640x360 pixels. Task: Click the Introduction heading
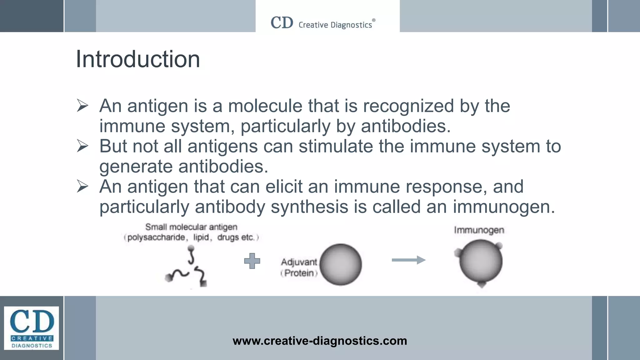138,59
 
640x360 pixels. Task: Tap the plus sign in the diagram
252,261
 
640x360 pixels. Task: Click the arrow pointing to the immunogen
408,260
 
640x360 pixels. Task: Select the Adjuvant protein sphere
341,264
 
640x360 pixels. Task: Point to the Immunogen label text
479,230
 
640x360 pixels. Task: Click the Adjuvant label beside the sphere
299,262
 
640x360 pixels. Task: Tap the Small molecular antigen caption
191,227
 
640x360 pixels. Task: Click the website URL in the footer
320,341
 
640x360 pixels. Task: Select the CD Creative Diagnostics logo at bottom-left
32,328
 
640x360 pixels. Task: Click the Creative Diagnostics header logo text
335,25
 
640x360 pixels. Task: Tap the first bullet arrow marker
82,106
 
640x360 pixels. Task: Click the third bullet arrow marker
82,187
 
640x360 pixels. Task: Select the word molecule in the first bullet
265,106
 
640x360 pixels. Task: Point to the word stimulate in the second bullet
336,146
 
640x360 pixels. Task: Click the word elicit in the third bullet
284,187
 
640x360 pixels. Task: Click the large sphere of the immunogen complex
481,261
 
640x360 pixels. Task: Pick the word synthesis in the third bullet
309,207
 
